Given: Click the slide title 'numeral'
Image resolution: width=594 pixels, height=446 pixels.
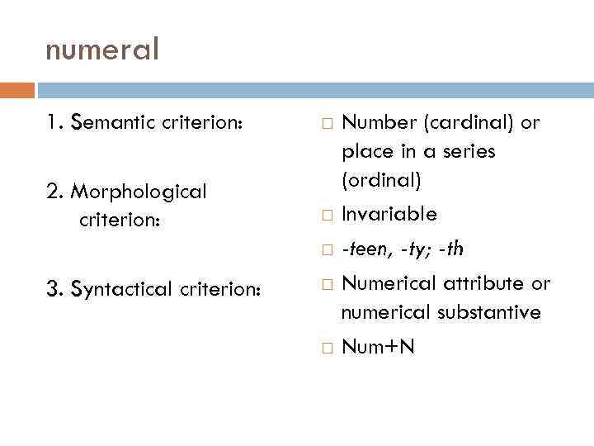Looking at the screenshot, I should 101,51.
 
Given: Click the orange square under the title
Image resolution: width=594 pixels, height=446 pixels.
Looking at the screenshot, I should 16,90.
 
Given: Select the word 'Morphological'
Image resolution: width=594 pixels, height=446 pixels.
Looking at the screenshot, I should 139,192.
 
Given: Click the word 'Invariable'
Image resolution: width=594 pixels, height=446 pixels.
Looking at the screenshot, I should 389,215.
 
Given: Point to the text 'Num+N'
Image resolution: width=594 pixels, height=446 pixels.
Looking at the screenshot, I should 378,348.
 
